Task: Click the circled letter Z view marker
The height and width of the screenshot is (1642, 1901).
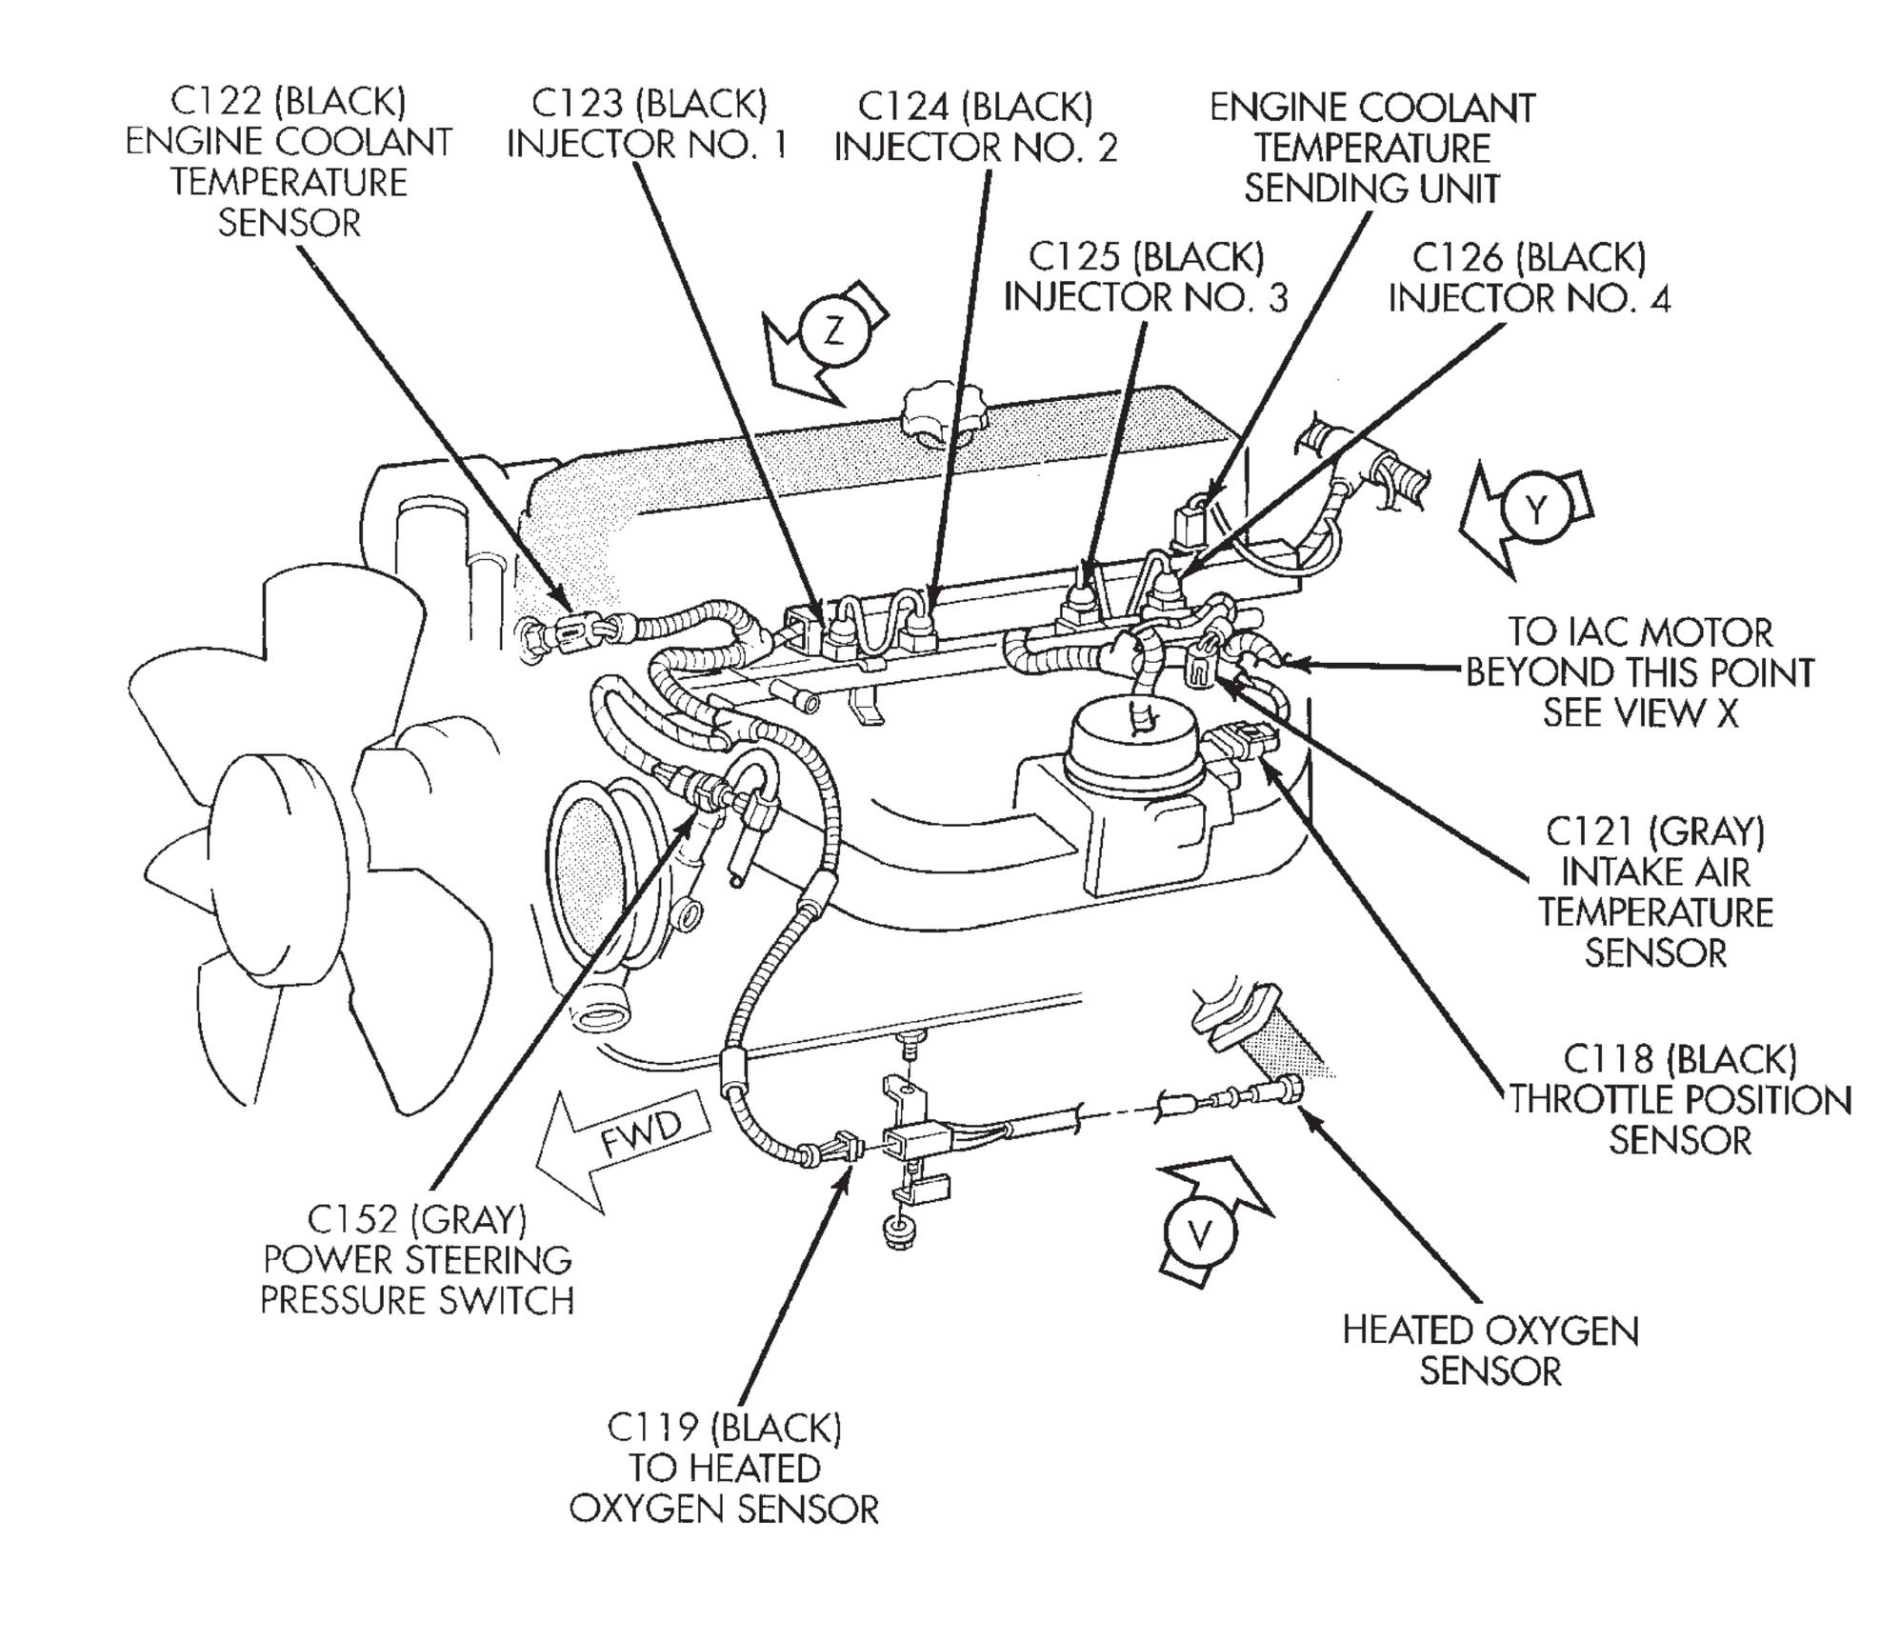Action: click(x=834, y=330)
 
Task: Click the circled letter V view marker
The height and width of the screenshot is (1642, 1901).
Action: click(x=1200, y=1235)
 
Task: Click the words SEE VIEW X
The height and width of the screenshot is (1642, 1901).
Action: click(x=1640, y=712)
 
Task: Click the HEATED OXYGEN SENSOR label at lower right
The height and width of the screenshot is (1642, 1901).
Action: click(x=1491, y=1352)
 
